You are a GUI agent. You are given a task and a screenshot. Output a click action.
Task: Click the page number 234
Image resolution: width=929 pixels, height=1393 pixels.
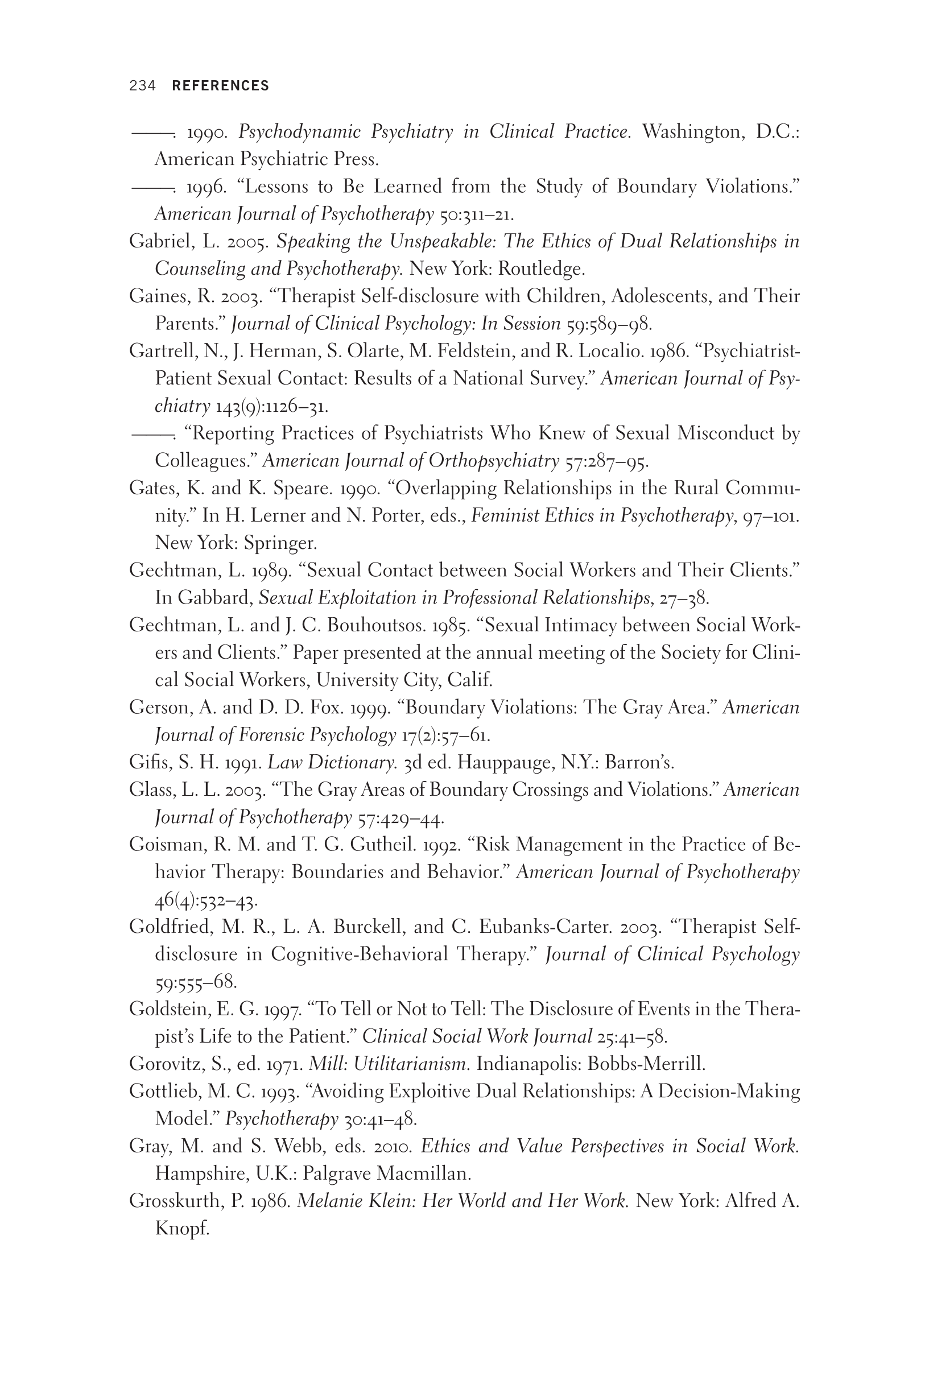142,86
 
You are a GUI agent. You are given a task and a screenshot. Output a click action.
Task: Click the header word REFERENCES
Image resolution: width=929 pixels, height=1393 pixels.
220,86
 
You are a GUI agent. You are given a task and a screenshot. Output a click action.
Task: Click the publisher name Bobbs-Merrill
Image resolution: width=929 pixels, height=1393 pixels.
646,1064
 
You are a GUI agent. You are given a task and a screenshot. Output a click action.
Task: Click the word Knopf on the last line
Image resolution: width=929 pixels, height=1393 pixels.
182,1229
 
